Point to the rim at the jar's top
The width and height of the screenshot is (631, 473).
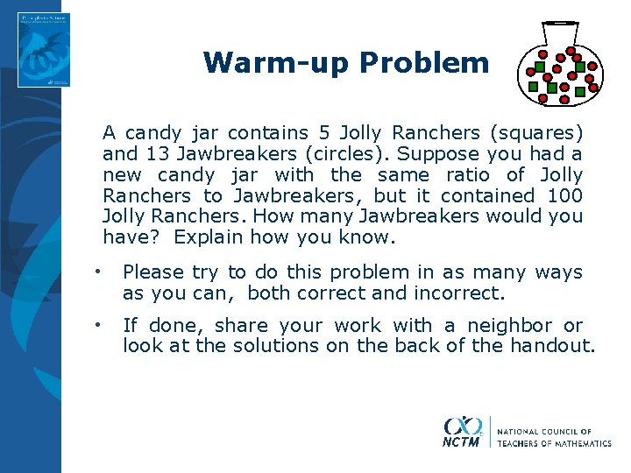tap(560, 22)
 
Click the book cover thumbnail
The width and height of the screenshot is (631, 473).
tap(43, 50)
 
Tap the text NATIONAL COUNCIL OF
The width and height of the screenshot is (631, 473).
tap(544, 432)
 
